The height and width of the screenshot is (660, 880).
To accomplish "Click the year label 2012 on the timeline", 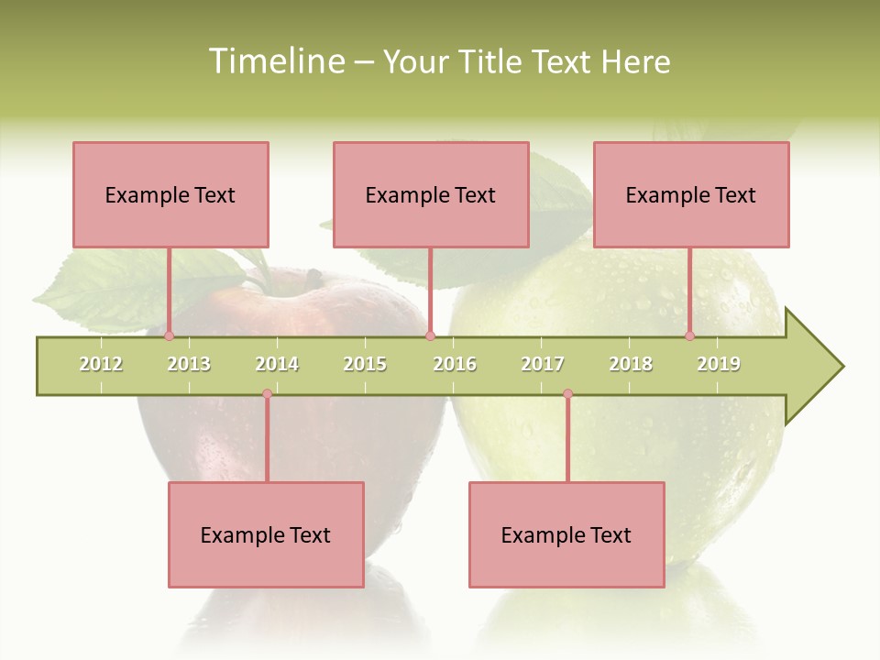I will (x=101, y=364).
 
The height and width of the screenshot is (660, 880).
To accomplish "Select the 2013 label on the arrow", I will (x=189, y=364).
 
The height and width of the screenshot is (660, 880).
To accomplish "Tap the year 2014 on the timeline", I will (x=277, y=364).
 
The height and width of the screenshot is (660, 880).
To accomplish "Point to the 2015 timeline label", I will (x=365, y=364).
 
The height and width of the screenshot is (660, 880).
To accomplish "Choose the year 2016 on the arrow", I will (x=455, y=364).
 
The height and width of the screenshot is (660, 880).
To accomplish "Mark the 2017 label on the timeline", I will (x=543, y=364).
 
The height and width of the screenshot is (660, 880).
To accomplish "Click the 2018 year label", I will (x=631, y=364).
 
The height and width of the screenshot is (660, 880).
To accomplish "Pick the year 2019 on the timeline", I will (x=719, y=364).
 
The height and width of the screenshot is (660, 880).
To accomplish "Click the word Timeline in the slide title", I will (x=274, y=61).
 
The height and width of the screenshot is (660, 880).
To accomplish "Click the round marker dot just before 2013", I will (x=169, y=335).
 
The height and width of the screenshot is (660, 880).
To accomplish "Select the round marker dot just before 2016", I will (x=430, y=335).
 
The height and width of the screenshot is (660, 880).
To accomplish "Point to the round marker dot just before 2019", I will (x=689, y=335).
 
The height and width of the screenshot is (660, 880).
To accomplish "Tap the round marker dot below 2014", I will (x=267, y=394).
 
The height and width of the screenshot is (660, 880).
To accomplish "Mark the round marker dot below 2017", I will (x=567, y=394).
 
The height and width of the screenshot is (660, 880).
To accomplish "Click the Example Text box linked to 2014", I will (x=266, y=534).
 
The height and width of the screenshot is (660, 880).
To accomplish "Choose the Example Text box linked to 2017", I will (x=566, y=534).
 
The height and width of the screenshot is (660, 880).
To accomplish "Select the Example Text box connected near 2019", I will (x=691, y=194).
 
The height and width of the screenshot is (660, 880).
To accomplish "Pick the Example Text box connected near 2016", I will (x=431, y=194).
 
